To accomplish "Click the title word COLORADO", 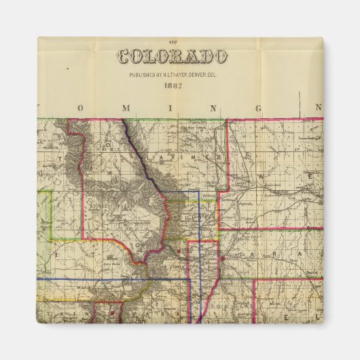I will [x=173, y=56].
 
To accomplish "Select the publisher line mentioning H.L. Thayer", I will [x=173, y=75].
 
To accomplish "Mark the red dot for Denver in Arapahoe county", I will [x=222, y=258].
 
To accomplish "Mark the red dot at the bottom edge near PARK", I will [x=108, y=314].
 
